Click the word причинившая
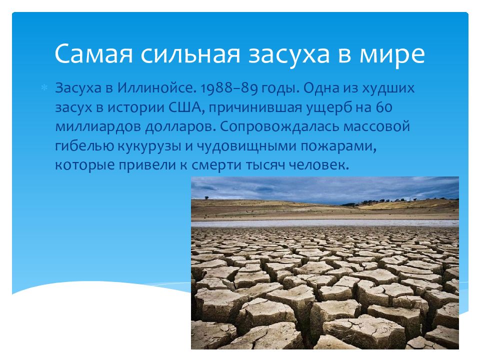click(x=257, y=107)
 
